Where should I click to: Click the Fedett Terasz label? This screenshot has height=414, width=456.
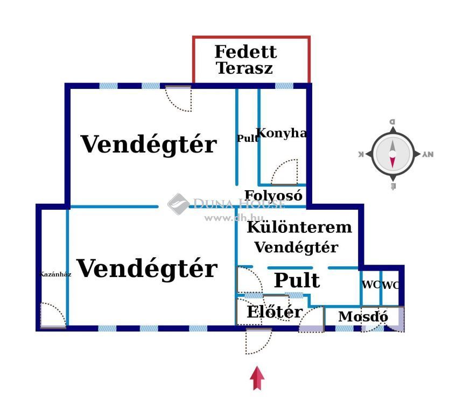tap(245, 60)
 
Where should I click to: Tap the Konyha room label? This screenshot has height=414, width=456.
tap(281, 134)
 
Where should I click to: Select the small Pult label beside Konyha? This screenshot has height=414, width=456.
tap(247, 139)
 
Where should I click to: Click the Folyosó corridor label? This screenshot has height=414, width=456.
tap(273, 196)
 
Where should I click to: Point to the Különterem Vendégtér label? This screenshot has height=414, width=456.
tap(298, 237)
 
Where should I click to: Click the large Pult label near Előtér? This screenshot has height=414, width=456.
tap(297, 281)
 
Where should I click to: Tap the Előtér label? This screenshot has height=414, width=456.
tap(274, 312)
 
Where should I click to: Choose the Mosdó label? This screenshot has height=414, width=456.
tap(363, 317)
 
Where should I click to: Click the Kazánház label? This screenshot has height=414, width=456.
tap(55, 274)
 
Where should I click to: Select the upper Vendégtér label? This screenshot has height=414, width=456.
tap(149, 144)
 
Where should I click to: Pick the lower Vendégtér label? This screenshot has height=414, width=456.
tap(147, 268)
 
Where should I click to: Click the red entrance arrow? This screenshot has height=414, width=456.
tap(257, 378)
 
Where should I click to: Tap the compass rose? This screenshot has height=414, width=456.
tap(393, 154)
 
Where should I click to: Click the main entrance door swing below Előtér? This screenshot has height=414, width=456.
tap(255, 341)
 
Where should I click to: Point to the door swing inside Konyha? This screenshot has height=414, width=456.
tap(285, 172)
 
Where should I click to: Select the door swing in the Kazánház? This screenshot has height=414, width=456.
tap(52, 315)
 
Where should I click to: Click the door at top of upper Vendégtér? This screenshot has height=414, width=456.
tap(179, 98)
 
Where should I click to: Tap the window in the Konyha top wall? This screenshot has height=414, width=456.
tap(284, 86)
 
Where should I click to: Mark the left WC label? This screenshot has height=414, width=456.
tap(370, 285)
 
